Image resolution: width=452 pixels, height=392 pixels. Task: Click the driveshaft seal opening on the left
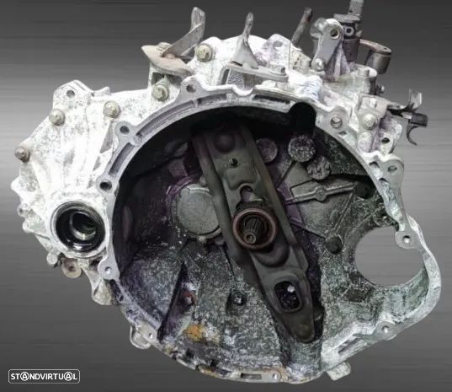(77, 228)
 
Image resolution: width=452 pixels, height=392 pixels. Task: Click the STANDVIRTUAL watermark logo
(44, 377)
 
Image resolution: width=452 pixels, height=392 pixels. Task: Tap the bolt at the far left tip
(21, 153)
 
